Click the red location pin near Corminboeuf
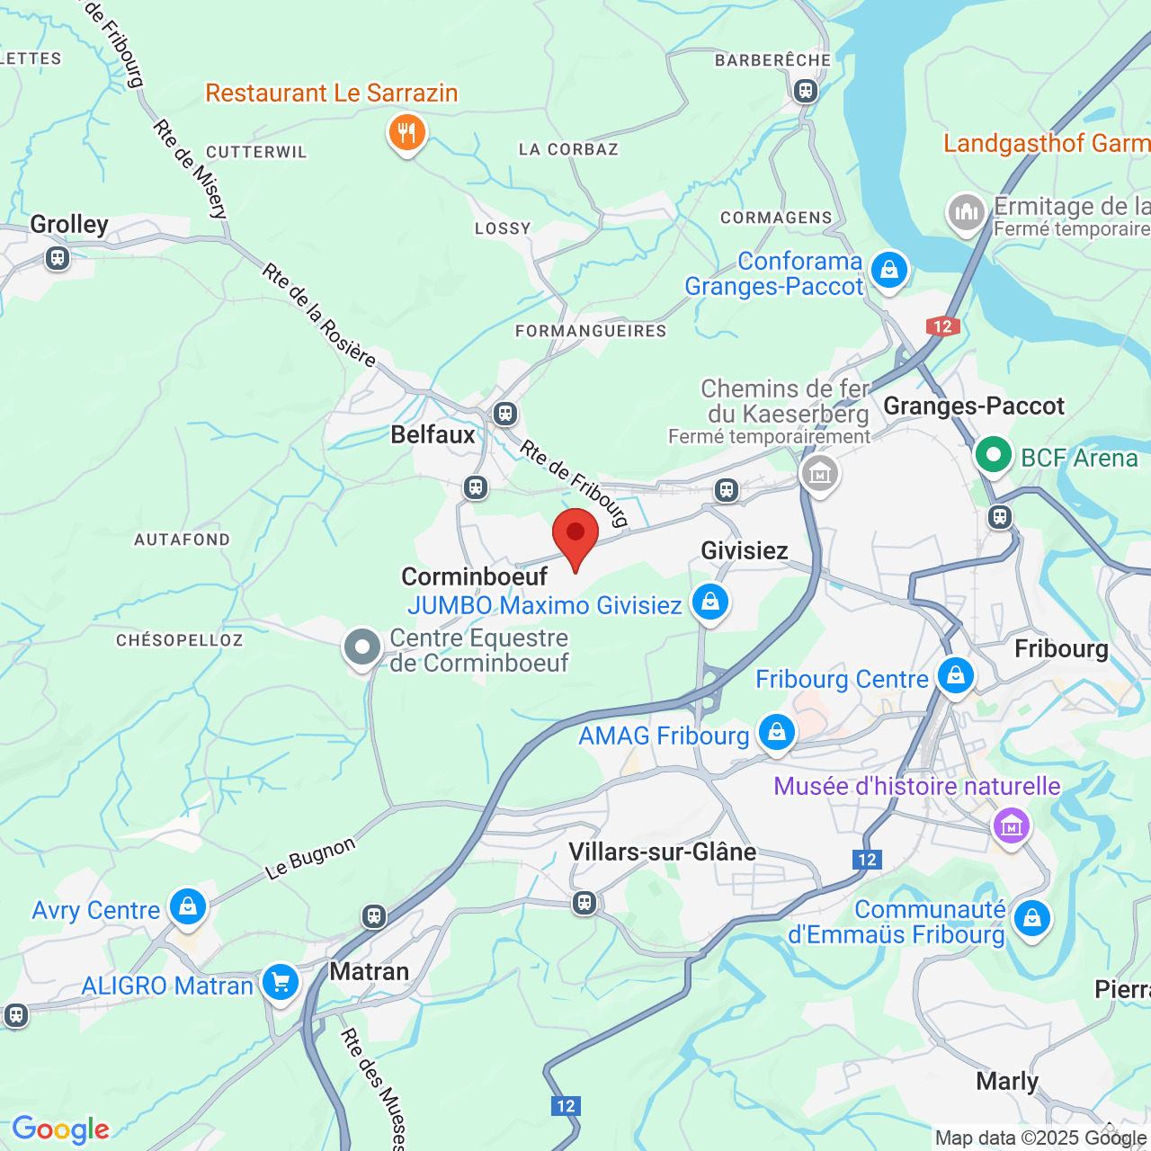coord(575,534)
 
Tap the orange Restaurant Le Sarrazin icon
coord(406,133)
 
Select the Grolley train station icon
coord(58,259)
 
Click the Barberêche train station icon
coord(805,90)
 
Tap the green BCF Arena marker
coord(993,455)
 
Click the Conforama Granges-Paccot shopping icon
coord(888,270)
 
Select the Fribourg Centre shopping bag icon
coord(955,674)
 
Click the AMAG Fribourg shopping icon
coord(776,732)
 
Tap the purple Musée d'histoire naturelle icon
coord(1011,824)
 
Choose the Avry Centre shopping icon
coord(187,906)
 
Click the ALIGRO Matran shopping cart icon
coord(281,982)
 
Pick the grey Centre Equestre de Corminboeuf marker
coord(362,647)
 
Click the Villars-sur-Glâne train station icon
coord(584,902)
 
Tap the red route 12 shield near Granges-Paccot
coord(942,326)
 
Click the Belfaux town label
coord(433,434)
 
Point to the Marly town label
coord(1007,1081)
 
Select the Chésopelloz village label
coord(179,640)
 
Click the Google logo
coord(60,1129)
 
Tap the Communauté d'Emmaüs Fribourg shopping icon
coord(1031,919)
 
